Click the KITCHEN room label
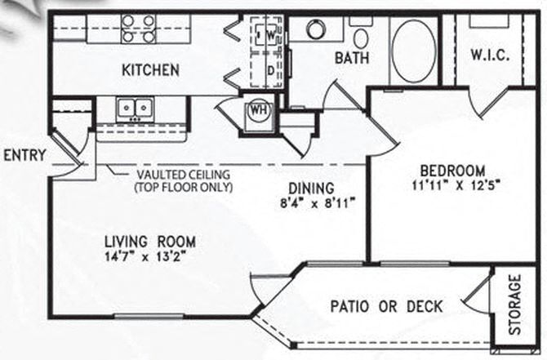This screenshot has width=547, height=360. click(151, 70)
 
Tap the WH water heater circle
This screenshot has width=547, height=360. click(259, 110)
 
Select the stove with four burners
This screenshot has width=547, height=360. click(139, 29)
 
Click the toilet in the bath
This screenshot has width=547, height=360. click(361, 34)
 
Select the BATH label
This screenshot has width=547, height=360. click(352, 58)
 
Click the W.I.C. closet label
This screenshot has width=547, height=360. click(490, 56)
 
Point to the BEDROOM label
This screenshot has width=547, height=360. click(452, 171)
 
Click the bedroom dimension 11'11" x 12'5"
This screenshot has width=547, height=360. click(456, 184)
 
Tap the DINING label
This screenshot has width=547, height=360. click(311, 189)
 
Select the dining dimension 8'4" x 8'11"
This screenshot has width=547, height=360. click(318, 202)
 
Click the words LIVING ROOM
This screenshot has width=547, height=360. click(150, 242)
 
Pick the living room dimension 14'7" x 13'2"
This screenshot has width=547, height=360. click(145, 257)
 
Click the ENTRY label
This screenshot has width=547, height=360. click(24, 155)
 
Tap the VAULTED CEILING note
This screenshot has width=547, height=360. click(184, 180)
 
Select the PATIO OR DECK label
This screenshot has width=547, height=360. click(386, 307)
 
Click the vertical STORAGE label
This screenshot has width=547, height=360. click(515, 304)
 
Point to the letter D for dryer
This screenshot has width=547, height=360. click(271, 71)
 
